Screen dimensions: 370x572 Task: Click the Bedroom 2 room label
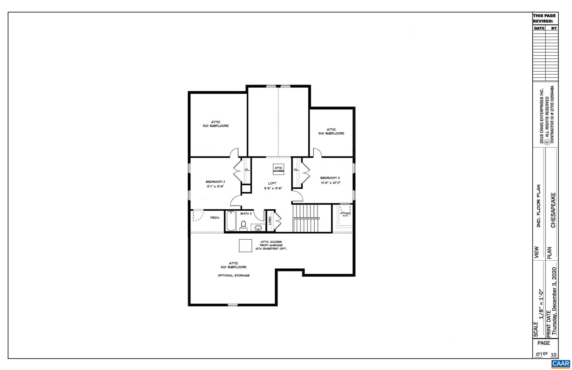coord(215,182)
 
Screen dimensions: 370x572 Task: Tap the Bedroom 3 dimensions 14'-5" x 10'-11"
coord(330,183)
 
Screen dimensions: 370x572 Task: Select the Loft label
coord(272,183)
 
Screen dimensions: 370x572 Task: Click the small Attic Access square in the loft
coord(278,169)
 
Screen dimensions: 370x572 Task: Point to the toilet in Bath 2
coord(244,225)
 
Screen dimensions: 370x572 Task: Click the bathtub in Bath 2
coord(231,221)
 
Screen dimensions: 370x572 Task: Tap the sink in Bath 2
coord(259,228)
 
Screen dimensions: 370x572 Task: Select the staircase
coord(306,218)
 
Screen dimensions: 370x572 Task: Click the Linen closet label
coord(270,221)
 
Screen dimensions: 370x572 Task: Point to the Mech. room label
coord(215,218)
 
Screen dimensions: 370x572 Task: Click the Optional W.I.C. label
coord(345,214)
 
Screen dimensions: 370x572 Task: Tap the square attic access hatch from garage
coord(246,245)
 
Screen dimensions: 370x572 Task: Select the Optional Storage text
coord(233,276)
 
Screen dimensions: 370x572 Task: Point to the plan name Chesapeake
coord(553,210)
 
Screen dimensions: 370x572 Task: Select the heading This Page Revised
coord(544,18)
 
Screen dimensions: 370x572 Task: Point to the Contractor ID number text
coord(552,114)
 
